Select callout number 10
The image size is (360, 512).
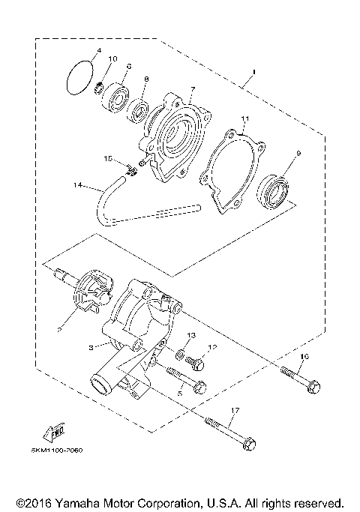tap(113, 59)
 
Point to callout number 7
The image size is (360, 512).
tap(192, 88)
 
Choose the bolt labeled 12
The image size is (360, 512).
tap(197, 362)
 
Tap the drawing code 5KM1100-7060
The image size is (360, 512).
tap(58, 451)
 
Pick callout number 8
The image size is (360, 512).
tap(146, 79)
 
